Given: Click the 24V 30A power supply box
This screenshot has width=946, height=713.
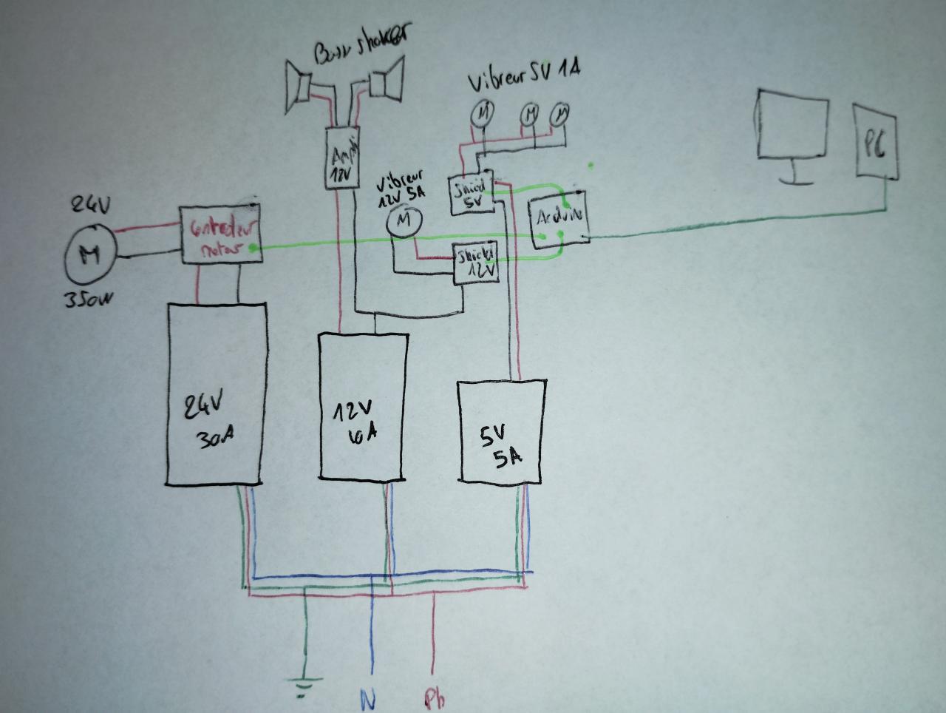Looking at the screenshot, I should [215, 393].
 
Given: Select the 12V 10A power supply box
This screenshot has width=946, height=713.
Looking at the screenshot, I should [363, 408].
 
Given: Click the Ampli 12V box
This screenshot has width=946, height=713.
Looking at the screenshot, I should [342, 158].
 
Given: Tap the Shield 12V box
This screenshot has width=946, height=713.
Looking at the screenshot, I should [477, 263].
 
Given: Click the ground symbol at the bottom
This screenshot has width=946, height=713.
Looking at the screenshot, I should [304, 687].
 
